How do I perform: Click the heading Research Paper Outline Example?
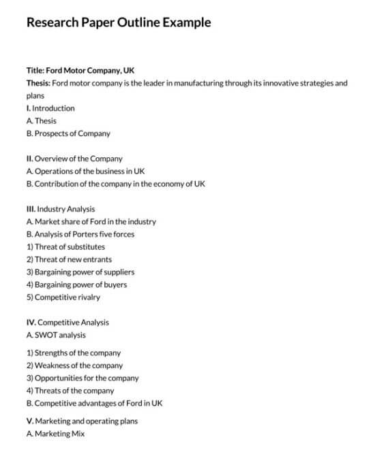[118, 22]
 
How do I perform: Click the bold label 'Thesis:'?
[38, 83]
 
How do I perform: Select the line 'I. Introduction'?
[50, 108]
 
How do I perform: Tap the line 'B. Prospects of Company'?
[68, 133]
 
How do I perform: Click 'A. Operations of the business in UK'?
[85, 171]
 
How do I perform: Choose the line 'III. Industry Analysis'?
[61, 209]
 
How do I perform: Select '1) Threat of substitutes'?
[65, 246]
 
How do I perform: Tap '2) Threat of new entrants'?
[69, 259]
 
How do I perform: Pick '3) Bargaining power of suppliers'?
[80, 272]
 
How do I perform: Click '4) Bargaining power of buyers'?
[76, 284]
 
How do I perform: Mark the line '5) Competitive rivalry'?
[63, 297]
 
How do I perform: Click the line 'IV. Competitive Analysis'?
[67, 323]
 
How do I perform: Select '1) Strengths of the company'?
[74, 353]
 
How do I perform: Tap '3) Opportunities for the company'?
[82, 378]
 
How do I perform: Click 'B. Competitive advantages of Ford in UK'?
[94, 403]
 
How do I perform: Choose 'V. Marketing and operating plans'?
[82, 421]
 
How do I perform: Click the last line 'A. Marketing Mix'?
[55, 434]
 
